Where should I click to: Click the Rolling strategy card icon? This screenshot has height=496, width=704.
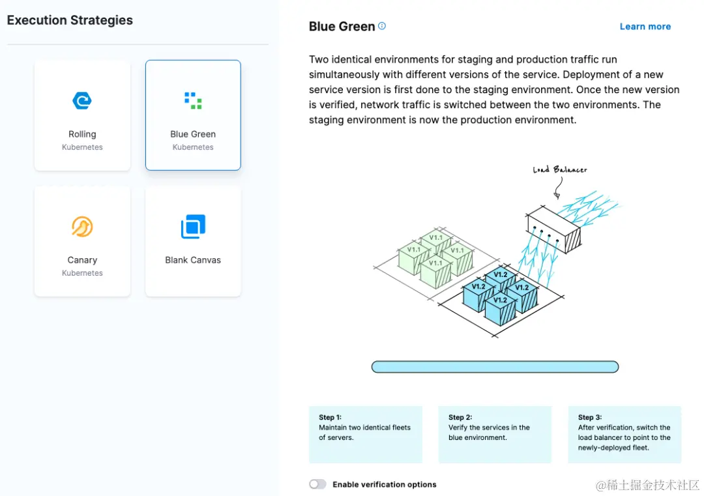pyautogui.click(x=82, y=100)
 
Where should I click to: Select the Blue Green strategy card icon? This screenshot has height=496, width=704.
pyautogui.click(x=193, y=100)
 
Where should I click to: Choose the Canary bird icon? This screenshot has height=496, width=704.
pyautogui.click(x=82, y=227)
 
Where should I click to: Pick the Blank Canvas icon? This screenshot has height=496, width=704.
pyautogui.click(x=193, y=227)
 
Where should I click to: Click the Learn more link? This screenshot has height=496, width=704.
pyautogui.click(x=645, y=27)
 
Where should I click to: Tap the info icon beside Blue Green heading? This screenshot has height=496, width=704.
pyautogui.click(x=382, y=26)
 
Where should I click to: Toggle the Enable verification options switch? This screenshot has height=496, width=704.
pyautogui.click(x=317, y=484)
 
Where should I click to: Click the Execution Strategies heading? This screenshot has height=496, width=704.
pyautogui.click(x=70, y=20)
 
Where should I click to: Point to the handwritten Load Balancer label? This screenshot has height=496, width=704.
pyautogui.click(x=559, y=170)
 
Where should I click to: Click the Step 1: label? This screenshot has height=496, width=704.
pyautogui.click(x=330, y=417)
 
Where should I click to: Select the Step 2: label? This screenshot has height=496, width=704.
pyautogui.click(x=460, y=417)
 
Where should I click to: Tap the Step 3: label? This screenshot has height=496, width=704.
pyautogui.click(x=589, y=417)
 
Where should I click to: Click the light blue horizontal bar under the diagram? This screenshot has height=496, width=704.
pyautogui.click(x=495, y=367)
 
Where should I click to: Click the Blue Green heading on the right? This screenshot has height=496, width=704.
pyautogui.click(x=342, y=27)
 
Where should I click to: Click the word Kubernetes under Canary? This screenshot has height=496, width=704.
pyautogui.click(x=82, y=273)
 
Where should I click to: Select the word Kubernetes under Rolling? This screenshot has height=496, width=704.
pyautogui.click(x=82, y=147)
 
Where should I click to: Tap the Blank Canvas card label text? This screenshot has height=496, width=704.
pyautogui.click(x=193, y=260)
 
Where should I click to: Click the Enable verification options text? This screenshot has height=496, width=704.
pyautogui.click(x=384, y=484)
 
